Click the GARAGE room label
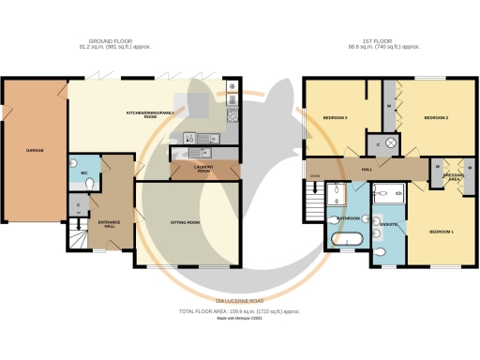tap(35, 151)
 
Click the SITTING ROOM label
tap(186, 222)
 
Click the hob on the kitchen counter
tap(232, 117)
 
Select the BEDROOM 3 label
tap(336, 118)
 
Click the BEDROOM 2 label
tap(437, 118)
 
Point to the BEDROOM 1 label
tap(442, 231)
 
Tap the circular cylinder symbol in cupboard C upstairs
tap(391, 142)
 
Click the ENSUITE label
tap(389, 225)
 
